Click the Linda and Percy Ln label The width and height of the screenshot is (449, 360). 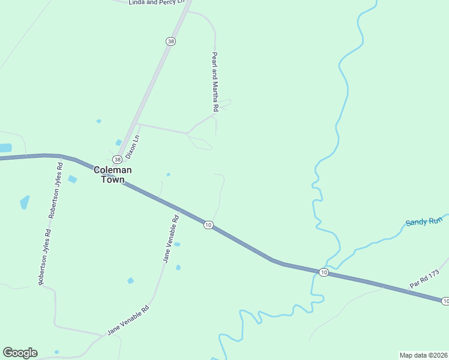click(x=155, y=2)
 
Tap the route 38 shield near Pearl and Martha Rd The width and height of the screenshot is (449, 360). click(x=171, y=41)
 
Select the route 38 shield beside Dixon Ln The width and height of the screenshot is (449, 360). click(x=117, y=160)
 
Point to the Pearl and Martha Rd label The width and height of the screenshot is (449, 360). click(x=214, y=82)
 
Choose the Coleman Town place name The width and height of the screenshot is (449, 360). click(x=112, y=175)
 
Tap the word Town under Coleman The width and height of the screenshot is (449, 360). click(x=112, y=179)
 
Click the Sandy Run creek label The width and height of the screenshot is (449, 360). click(x=424, y=221)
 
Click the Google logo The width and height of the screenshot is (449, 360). click(x=20, y=353)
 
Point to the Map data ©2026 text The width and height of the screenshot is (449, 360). click(x=423, y=355)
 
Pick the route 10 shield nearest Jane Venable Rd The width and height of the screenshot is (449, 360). click(x=208, y=224)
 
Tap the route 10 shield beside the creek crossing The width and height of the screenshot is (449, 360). click(x=324, y=272)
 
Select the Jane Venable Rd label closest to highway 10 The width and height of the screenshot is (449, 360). click(x=171, y=238)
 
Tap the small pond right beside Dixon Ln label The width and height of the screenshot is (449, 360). click(x=119, y=142)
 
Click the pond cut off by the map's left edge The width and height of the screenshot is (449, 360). click(x=5, y=148)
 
